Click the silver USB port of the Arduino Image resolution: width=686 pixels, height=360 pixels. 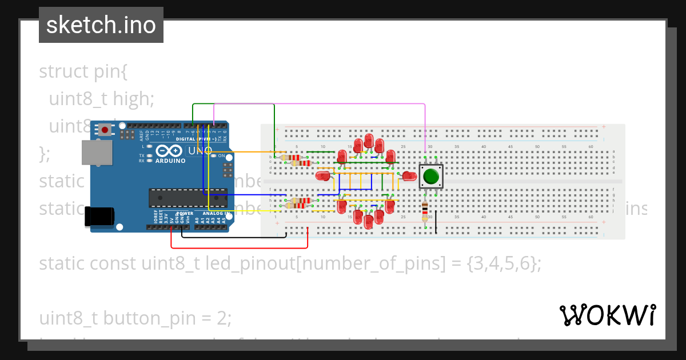click(x=97, y=153)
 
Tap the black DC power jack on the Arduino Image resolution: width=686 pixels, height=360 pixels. click(x=98, y=217)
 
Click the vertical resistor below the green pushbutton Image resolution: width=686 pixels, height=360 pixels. click(x=425, y=211)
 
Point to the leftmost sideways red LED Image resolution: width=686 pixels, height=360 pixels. click(x=323, y=176)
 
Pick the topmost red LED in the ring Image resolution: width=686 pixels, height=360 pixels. click(x=369, y=141)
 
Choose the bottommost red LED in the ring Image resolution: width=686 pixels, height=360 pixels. click(x=368, y=221)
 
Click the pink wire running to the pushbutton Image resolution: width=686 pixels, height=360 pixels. click(x=320, y=104)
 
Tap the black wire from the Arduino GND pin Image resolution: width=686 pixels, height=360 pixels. click(x=234, y=237)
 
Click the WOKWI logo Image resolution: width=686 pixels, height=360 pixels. click(x=607, y=315)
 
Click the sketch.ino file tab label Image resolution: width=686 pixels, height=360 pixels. click(x=101, y=25)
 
